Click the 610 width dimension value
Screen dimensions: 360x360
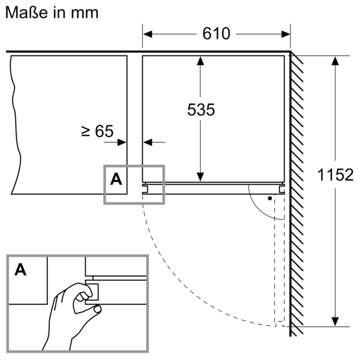tap(216, 34)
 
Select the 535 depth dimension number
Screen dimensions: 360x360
tap(200, 110)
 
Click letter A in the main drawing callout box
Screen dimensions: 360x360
tap(116, 178)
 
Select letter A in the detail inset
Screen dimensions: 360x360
tap(20, 269)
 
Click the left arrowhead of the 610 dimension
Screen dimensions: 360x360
tap(148, 34)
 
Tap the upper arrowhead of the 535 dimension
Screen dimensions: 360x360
tap(200, 61)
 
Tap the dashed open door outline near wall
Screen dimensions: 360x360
tap(279, 270)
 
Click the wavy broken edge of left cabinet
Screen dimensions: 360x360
tap(12, 120)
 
